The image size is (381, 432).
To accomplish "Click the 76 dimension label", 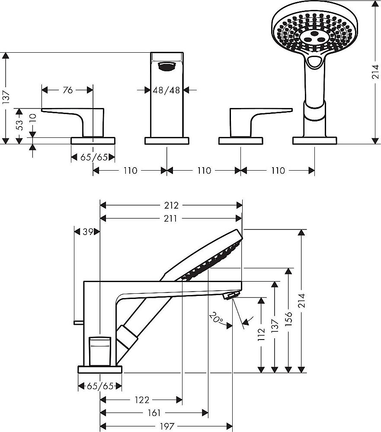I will click(67, 90).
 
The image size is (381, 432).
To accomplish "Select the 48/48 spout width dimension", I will click(166, 90).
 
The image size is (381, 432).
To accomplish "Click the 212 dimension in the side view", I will click(171, 205).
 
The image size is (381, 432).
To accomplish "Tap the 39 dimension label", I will click(87, 232).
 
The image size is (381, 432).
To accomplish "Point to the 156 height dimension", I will click(288, 319).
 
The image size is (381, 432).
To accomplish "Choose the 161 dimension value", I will click(154, 413).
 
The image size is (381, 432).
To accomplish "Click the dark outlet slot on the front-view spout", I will click(166, 66).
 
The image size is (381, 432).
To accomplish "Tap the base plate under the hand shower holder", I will click(314, 141).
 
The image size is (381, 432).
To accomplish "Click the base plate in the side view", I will click(100, 369).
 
